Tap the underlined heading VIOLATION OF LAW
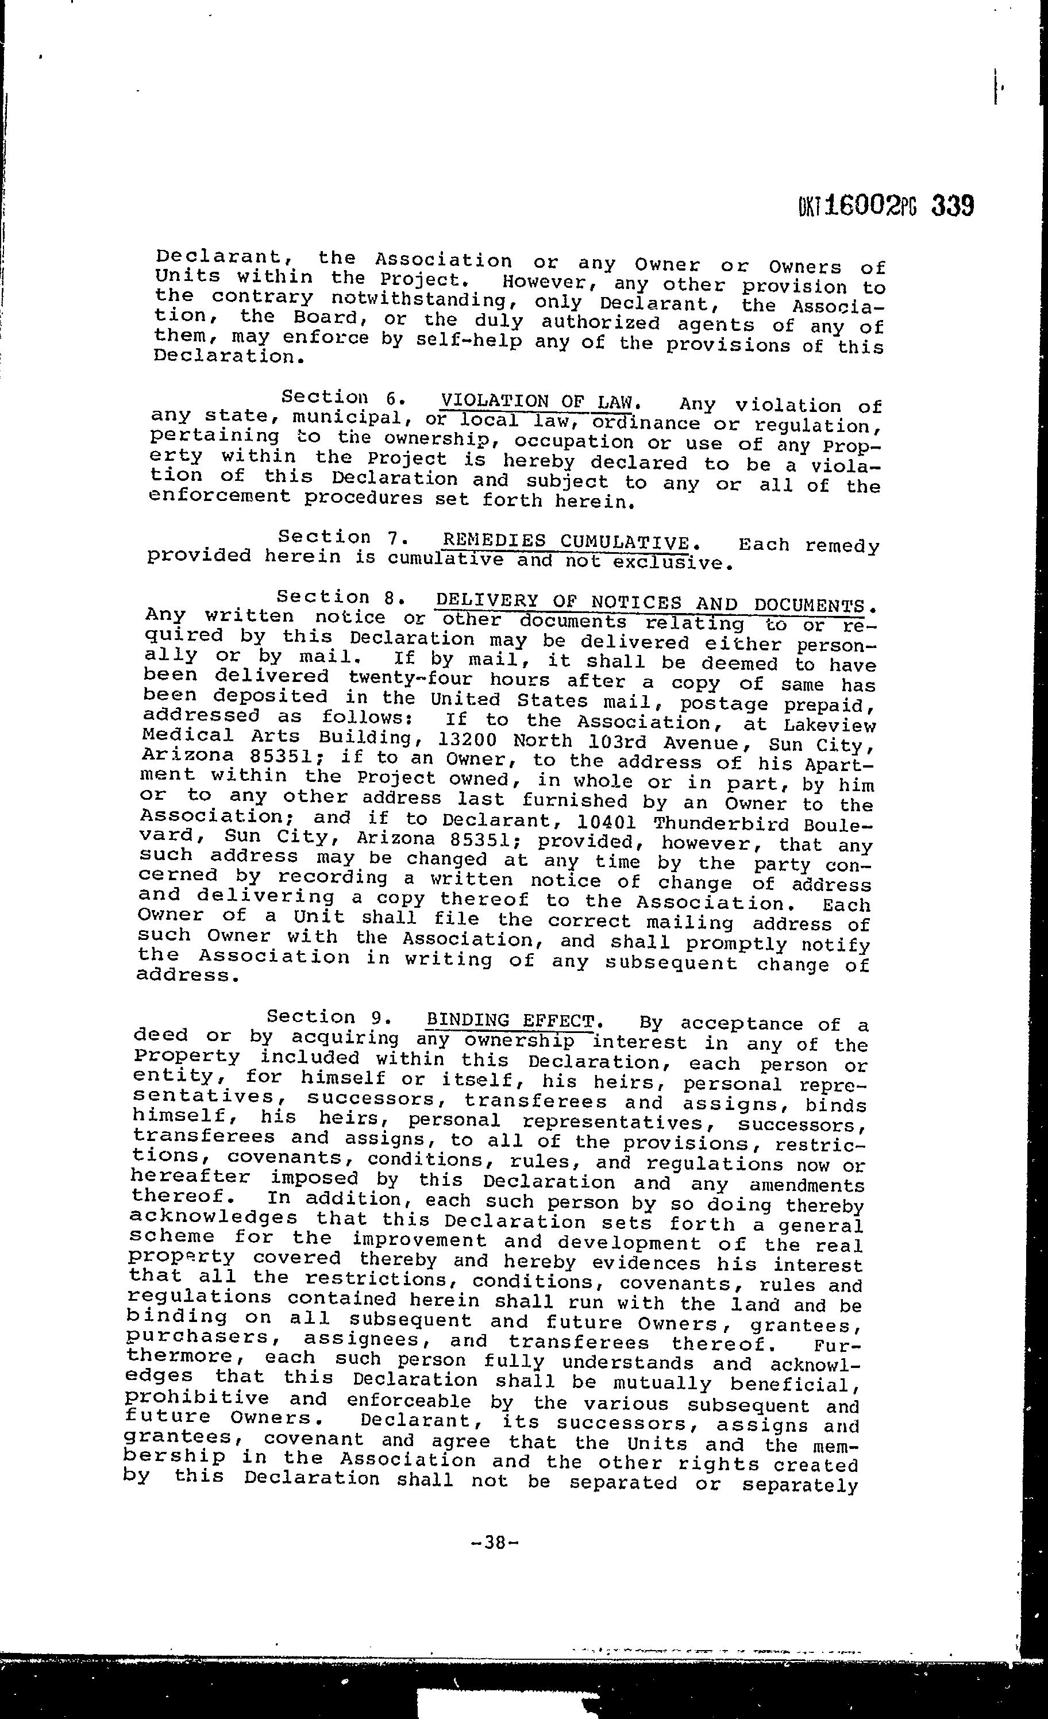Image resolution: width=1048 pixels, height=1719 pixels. (x=540, y=402)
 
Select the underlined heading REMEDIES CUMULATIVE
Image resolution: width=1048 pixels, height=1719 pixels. (x=567, y=542)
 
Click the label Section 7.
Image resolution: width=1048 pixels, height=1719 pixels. (x=338, y=537)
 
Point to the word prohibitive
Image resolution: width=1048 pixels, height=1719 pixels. (x=198, y=1398)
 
